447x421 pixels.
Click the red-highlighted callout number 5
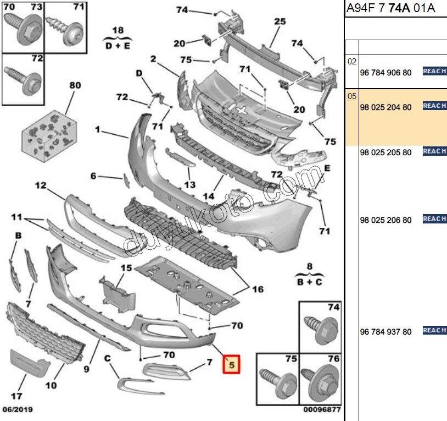(x=231, y=364)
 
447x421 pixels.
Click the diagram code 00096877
(x=322, y=410)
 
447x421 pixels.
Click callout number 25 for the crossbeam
(x=280, y=22)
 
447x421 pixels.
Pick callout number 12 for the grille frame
(x=41, y=185)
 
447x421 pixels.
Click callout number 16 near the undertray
(x=258, y=289)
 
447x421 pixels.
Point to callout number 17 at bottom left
(x=17, y=395)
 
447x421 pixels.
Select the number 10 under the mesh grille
(x=51, y=385)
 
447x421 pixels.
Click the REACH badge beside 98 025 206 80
(x=434, y=219)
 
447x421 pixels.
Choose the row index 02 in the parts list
(x=352, y=62)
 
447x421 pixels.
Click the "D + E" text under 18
(x=118, y=46)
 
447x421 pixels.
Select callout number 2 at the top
(x=153, y=59)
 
